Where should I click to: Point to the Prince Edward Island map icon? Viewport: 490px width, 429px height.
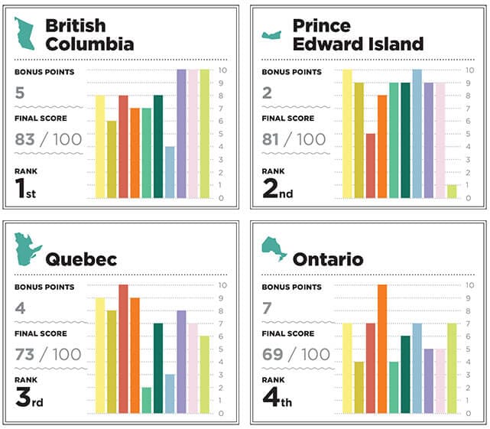(271, 34)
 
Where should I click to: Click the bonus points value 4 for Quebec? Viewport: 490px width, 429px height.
(19, 309)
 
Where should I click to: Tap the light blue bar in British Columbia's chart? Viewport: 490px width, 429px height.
(170, 172)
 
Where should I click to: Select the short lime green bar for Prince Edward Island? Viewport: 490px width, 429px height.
(452, 191)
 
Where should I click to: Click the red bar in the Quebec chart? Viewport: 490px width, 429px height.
(123, 349)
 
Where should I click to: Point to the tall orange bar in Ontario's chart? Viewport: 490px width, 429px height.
(382, 349)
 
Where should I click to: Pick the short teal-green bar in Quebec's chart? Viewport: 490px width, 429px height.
(146, 400)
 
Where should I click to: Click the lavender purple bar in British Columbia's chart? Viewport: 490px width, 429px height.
(181, 134)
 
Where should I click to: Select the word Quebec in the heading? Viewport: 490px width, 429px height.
(80, 259)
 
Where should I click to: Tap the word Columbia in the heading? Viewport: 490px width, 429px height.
(89, 44)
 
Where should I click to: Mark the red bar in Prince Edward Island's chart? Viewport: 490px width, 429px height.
(370, 166)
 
